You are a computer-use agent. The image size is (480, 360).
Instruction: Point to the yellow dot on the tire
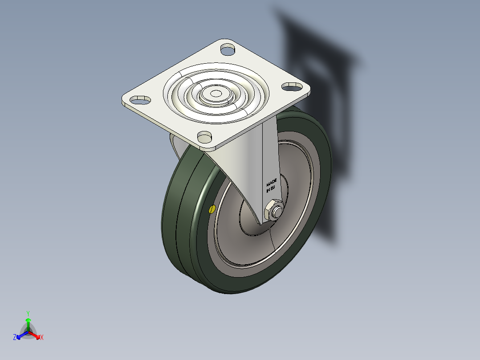(x=212, y=209)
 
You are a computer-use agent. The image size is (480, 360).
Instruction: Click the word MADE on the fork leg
(x=272, y=183)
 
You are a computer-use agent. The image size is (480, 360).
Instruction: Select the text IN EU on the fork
(x=271, y=189)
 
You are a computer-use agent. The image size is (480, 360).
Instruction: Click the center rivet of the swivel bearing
(x=216, y=94)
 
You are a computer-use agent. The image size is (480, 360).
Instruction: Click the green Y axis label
(x=28, y=313)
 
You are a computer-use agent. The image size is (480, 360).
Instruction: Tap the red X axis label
(x=42, y=338)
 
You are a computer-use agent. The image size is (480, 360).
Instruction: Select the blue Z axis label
(x=15, y=338)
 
